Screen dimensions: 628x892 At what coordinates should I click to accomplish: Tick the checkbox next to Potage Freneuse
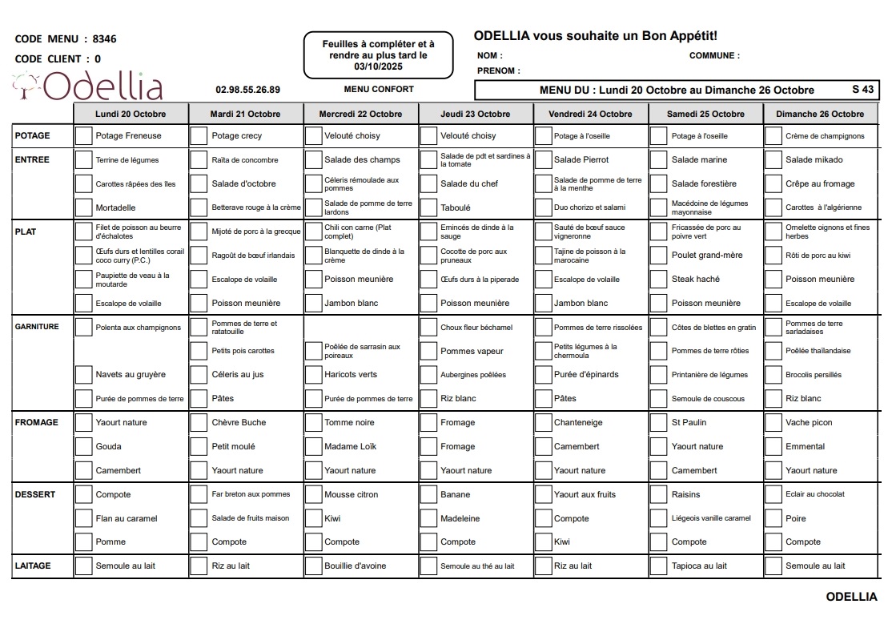(83, 135)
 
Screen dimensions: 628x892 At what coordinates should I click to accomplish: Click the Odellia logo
(88, 87)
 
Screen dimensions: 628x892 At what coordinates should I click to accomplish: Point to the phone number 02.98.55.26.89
(248, 90)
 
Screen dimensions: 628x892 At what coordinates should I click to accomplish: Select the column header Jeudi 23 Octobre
(475, 114)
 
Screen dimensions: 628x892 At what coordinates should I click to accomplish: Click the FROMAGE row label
(37, 422)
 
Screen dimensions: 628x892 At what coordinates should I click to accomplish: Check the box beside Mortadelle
(83, 207)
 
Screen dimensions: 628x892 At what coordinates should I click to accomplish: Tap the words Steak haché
(695, 280)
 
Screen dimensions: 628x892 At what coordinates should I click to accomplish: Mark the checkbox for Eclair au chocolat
(773, 494)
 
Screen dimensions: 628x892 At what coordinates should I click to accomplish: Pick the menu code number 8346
(105, 38)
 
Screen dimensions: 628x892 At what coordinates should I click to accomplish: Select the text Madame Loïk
(350, 446)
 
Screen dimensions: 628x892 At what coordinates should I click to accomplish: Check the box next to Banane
(429, 494)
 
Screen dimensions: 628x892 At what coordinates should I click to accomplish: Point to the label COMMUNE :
(714, 56)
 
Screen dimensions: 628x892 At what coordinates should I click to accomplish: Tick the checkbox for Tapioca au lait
(658, 566)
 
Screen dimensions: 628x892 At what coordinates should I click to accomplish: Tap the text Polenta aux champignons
(139, 328)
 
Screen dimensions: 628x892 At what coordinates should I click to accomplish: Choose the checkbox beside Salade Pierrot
(543, 159)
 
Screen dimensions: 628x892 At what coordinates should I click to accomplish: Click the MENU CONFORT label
(379, 89)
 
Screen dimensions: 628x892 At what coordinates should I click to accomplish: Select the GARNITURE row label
(37, 327)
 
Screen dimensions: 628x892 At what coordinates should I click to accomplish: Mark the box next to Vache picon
(773, 422)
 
